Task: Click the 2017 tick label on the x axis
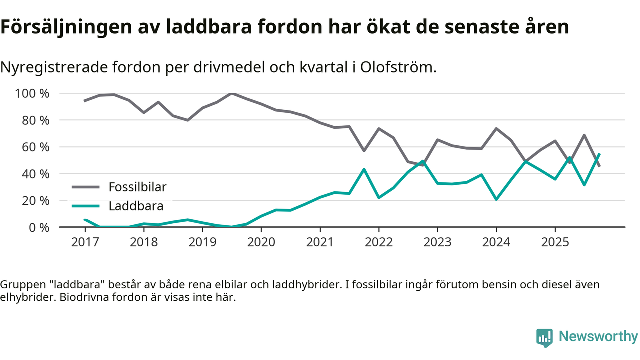tap(85, 242)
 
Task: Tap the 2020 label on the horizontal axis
tap(261, 242)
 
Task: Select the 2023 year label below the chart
tap(437, 242)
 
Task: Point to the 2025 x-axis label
tap(555, 242)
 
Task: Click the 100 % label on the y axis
tap(32, 94)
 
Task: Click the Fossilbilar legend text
tap(137, 187)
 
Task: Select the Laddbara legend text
tap(136, 206)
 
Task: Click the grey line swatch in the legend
tap(86, 187)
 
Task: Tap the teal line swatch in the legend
tap(86, 206)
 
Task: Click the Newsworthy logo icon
tap(545, 337)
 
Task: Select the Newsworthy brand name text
tap(598, 337)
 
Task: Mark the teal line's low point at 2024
tap(496, 199)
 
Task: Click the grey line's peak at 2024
tap(496, 129)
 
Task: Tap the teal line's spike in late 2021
tap(364, 169)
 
